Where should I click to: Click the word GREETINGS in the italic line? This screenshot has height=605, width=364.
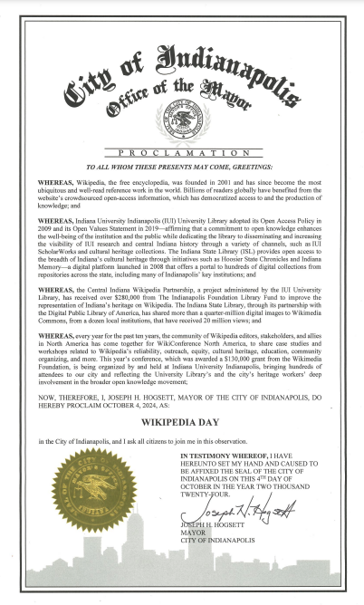click(x=254, y=168)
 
